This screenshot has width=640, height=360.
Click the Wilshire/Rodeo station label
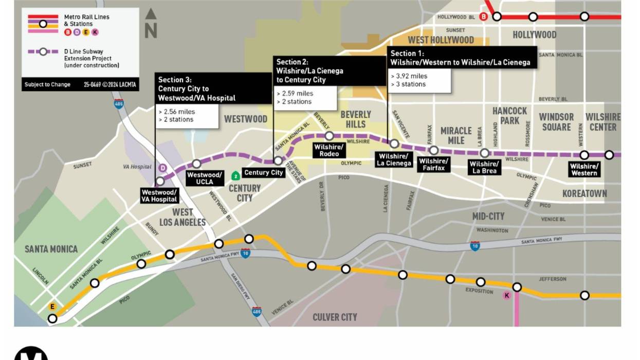329,150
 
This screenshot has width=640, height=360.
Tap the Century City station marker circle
278,161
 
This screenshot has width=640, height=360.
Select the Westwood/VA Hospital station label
160,195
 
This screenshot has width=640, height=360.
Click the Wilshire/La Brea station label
484,167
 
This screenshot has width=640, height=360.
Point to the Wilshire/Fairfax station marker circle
433,150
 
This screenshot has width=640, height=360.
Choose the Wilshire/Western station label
584,169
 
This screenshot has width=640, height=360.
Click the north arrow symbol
151,24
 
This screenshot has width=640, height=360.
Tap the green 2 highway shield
235,176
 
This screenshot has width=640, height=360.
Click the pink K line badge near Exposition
507,295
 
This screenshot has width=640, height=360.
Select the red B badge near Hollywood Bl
483,17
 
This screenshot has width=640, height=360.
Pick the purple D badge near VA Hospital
162,168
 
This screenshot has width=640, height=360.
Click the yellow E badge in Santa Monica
52,307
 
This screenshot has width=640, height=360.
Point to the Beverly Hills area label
355,119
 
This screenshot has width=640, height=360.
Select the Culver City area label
335,317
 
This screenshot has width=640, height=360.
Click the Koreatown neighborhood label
584,194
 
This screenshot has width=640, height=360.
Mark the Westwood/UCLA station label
204,178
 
